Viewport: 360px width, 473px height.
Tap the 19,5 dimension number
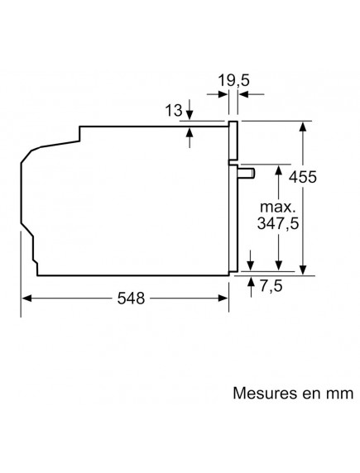point(234,83)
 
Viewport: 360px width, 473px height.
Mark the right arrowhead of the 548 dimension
point(224,299)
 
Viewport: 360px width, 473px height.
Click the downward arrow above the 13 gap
point(190,116)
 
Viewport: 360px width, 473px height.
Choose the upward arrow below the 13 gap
point(190,132)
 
